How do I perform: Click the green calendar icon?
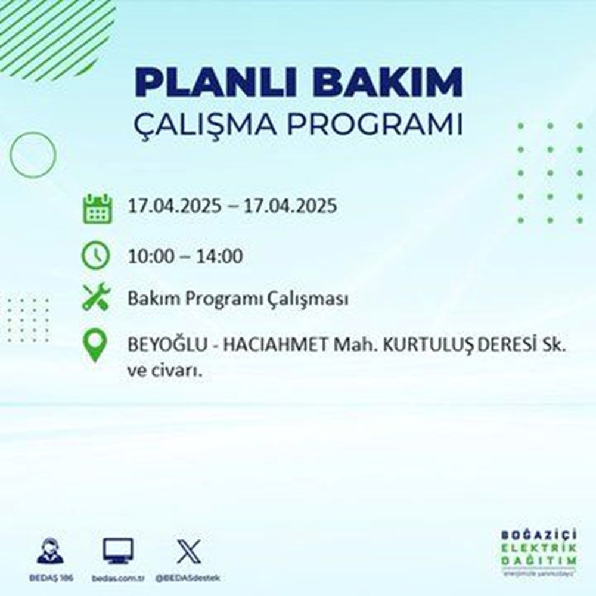(x=97, y=208)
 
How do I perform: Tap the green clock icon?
(x=97, y=256)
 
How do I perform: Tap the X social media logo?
(x=185, y=551)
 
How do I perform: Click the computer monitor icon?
(x=118, y=551)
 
